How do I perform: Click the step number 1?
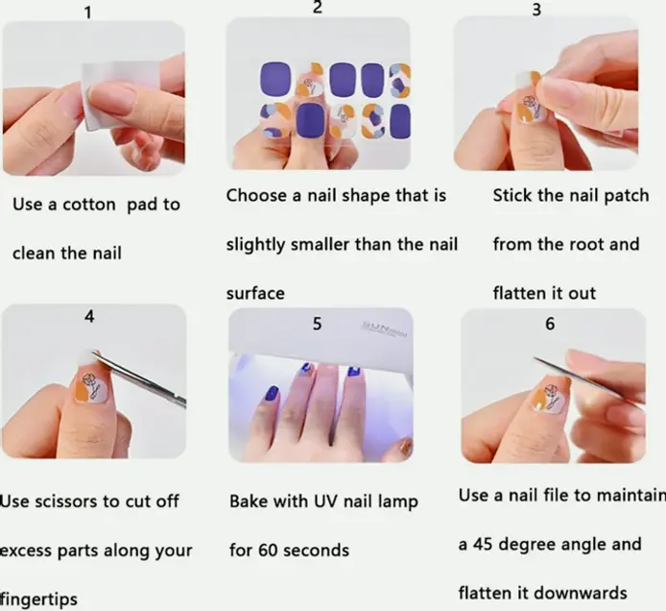click(x=88, y=12)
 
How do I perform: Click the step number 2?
click(x=318, y=8)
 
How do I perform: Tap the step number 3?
click(x=536, y=10)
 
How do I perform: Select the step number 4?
click(x=89, y=316)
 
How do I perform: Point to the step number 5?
click(x=317, y=324)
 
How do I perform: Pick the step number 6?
click(x=550, y=324)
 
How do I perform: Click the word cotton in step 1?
click(x=89, y=205)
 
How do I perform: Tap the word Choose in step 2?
click(x=256, y=196)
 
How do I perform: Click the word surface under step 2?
click(x=255, y=293)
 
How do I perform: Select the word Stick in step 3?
click(x=512, y=196)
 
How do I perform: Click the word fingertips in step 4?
click(x=38, y=599)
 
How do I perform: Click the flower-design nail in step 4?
click(x=90, y=388)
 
